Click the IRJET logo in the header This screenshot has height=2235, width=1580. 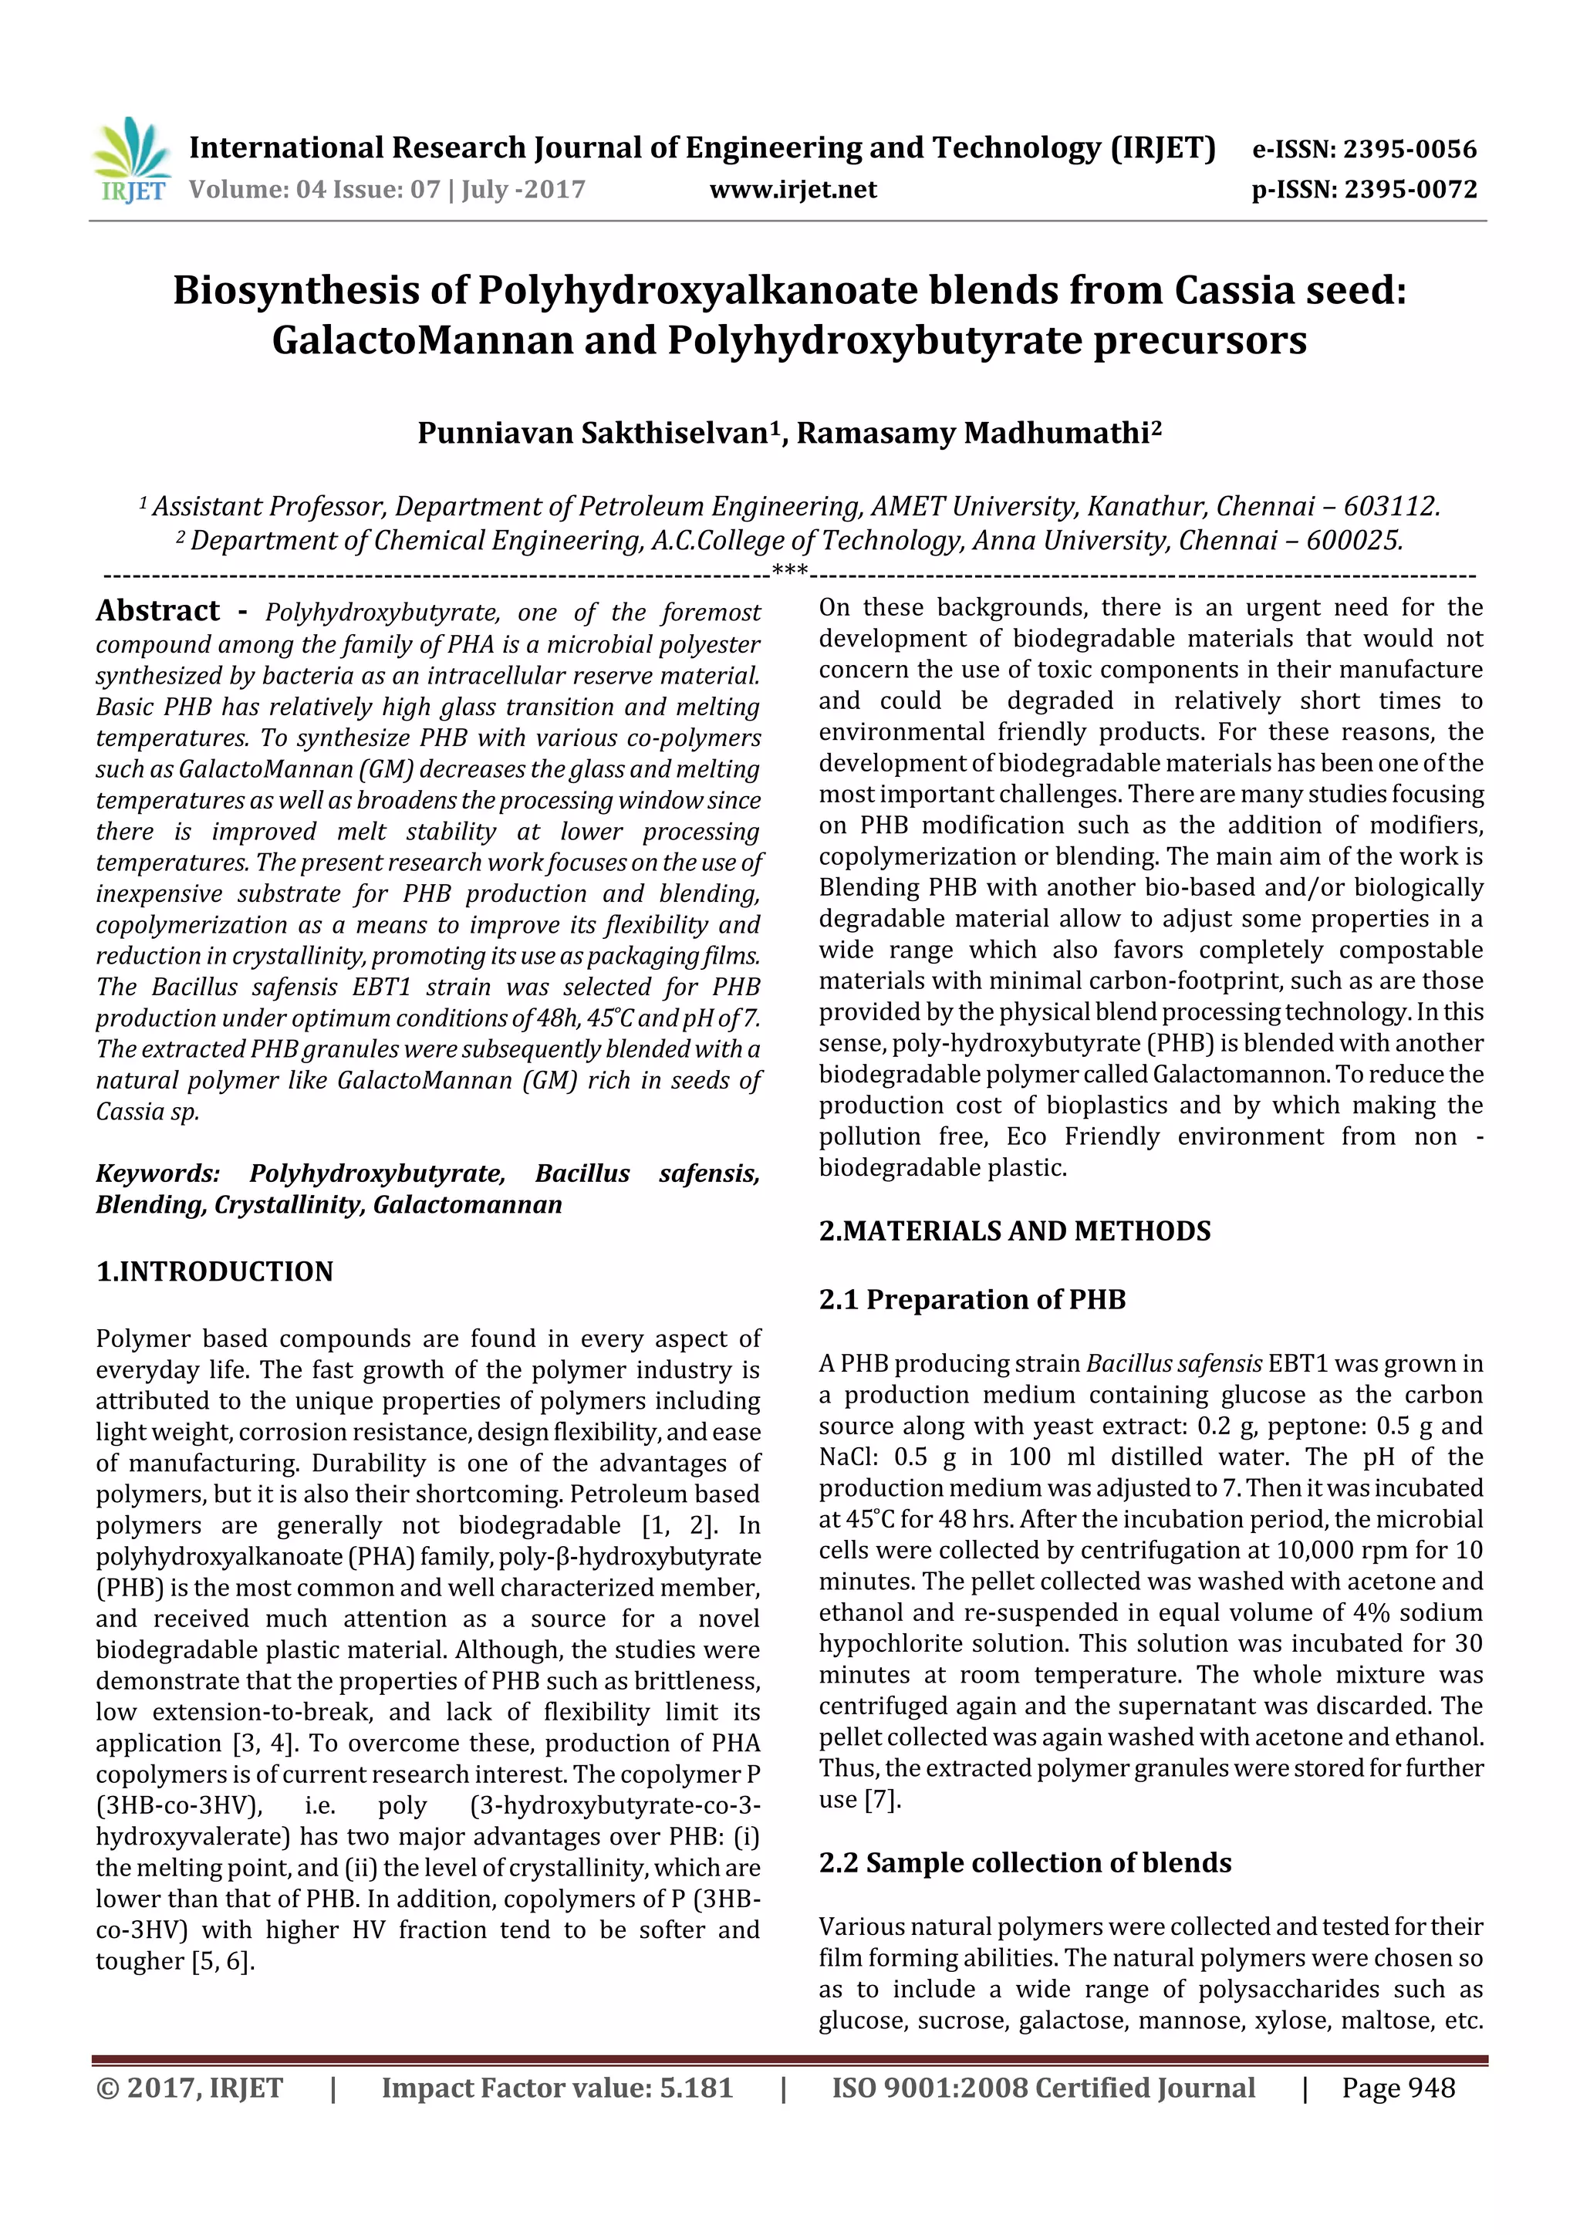click(131, 161)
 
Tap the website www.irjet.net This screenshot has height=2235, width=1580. click(792, 190)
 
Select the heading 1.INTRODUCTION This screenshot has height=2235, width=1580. click(214, 1271)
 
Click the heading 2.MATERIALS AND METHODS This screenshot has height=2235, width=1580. click(1015, 1231)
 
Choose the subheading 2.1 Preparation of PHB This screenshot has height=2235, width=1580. click(971, 1299)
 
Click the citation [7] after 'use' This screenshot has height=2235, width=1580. click(882, 1800)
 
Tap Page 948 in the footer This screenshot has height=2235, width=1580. click(1398, 2088)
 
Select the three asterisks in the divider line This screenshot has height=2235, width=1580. click(788, 570)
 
